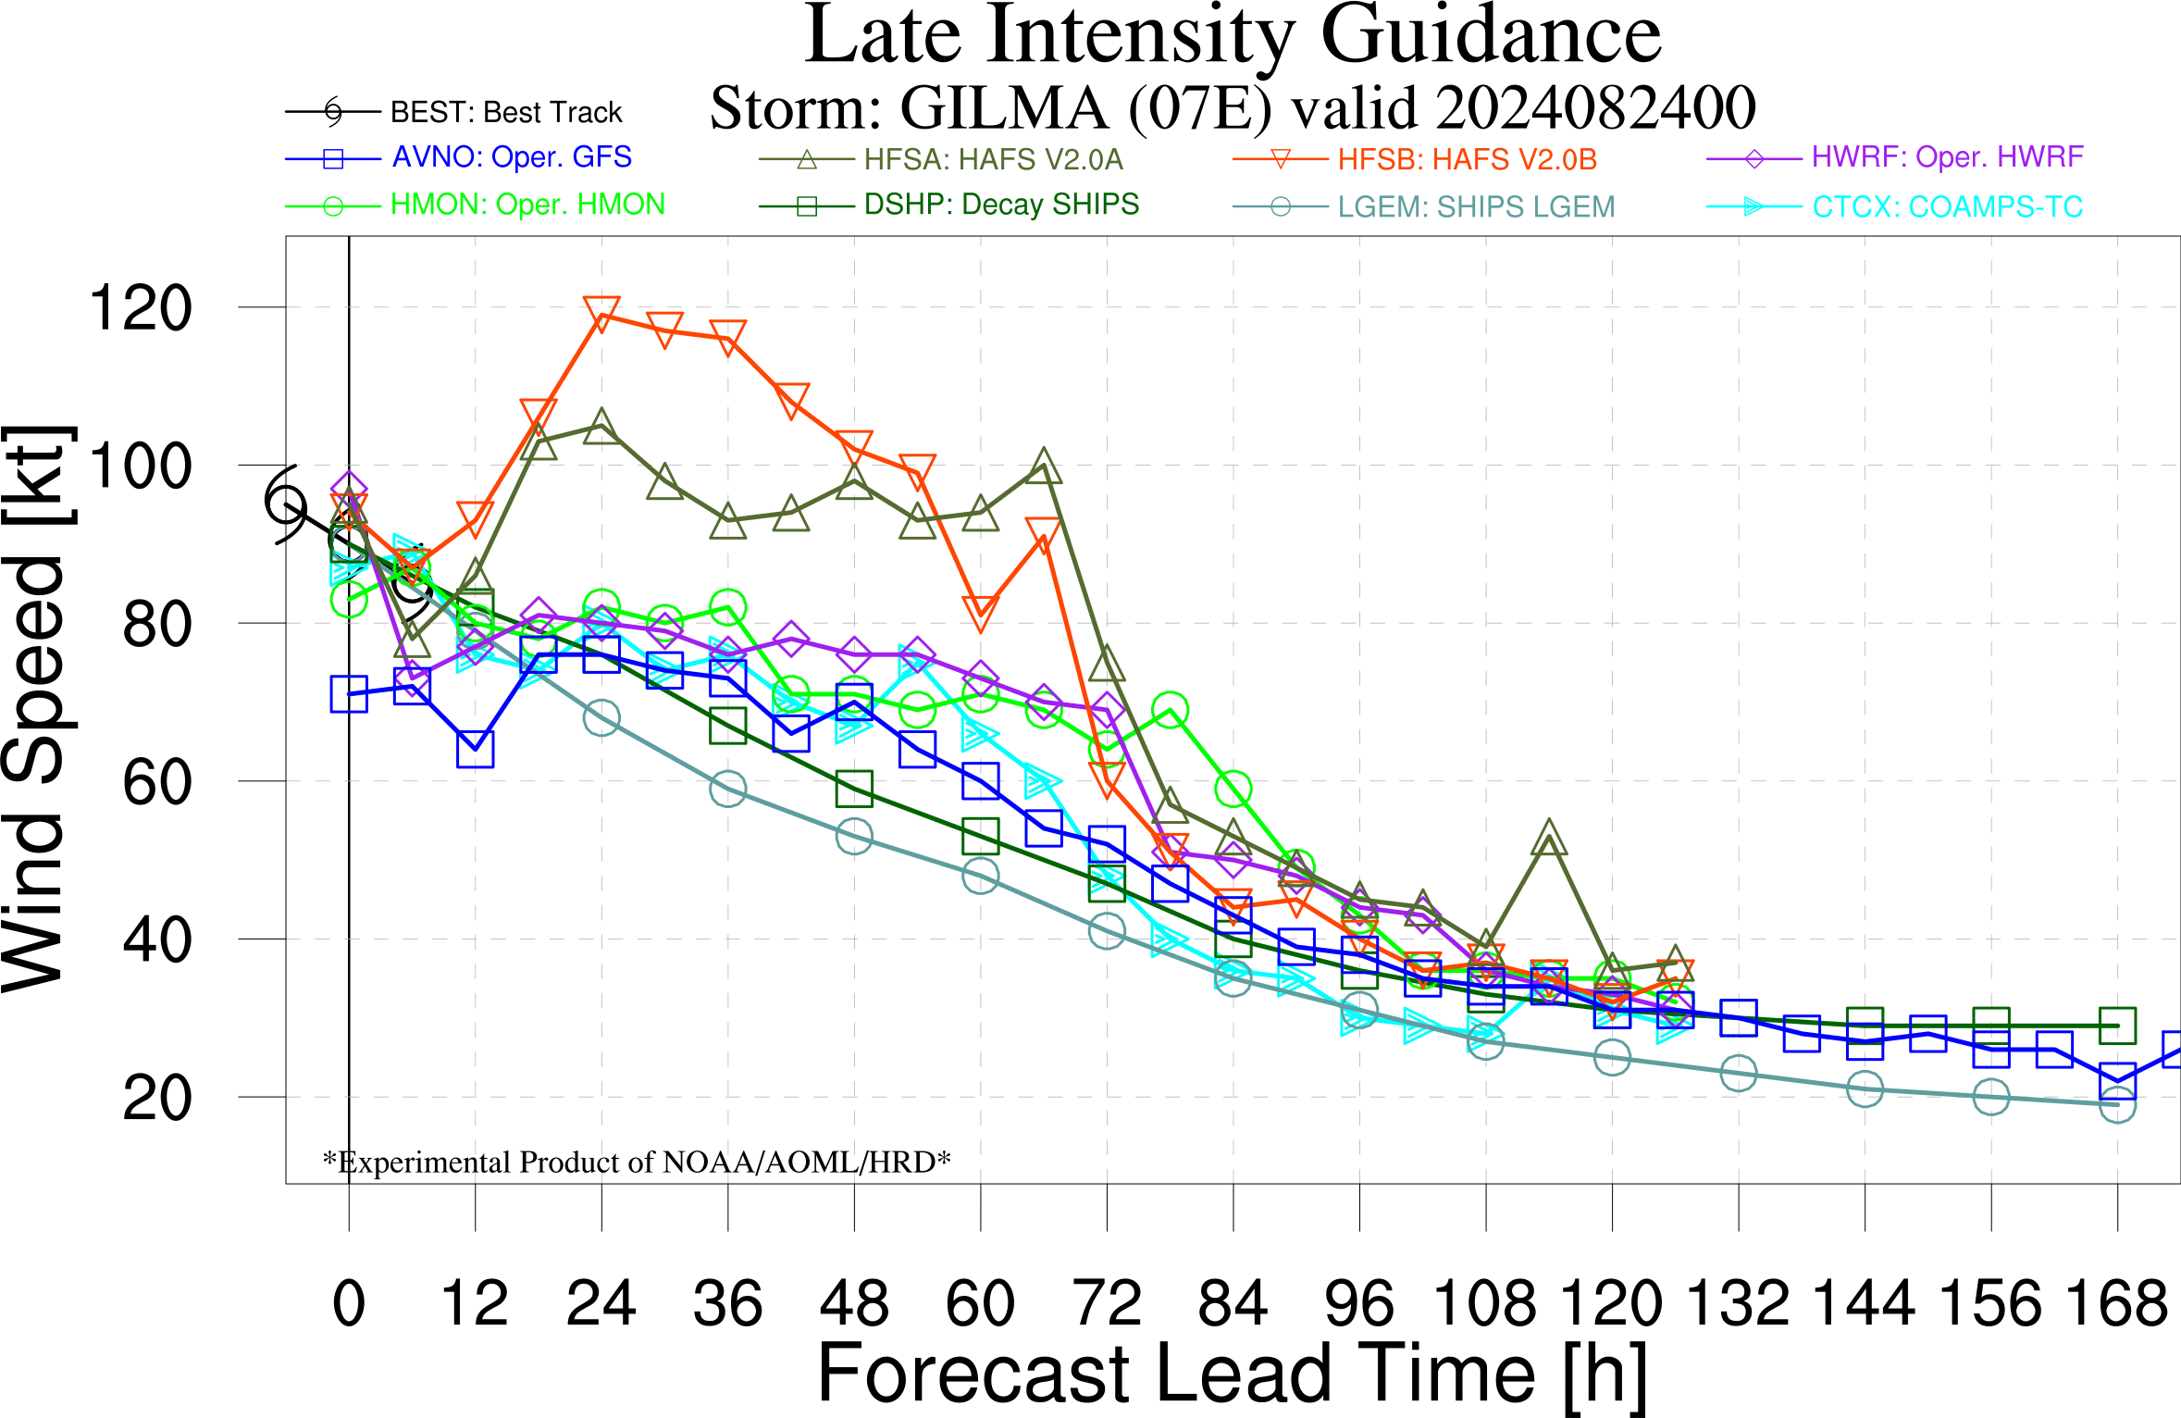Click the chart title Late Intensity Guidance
[1233, 37]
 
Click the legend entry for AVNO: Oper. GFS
[459, 157]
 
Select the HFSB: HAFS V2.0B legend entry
[1416, 159]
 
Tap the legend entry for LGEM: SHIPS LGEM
[1424, 206]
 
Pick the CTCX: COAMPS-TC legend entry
[1895, 206]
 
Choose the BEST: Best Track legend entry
[453, 112]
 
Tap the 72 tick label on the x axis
[1107, 1303]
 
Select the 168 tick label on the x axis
[2117, 1303]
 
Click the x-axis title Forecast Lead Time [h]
[1233, 1375]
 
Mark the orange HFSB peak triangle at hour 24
[601, 312]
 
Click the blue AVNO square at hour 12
[476, 750]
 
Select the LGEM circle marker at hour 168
[2117, 1104]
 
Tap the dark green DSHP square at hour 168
[2117, 1026]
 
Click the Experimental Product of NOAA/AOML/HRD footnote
[637, 1162]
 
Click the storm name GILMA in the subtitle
[1005, 107]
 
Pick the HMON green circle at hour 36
[728, 607]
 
